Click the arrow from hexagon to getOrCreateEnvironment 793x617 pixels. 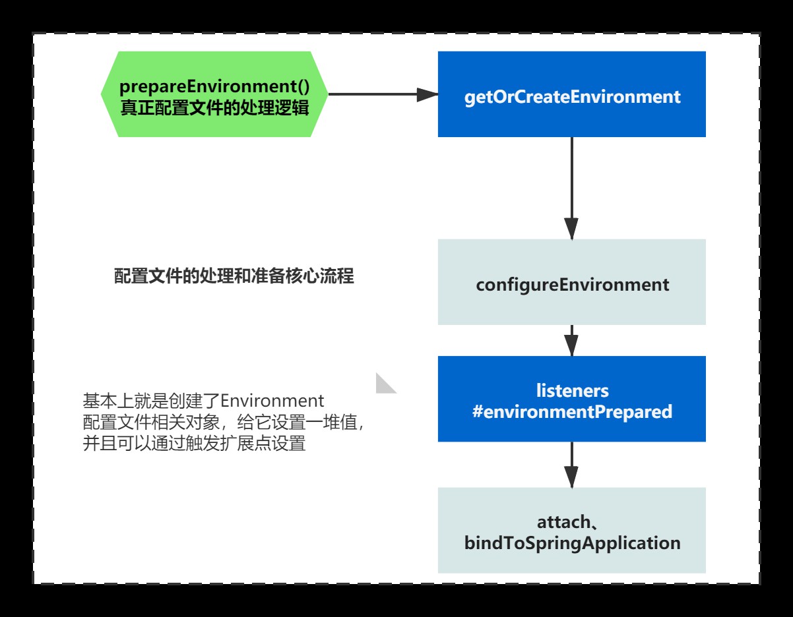point(383,94)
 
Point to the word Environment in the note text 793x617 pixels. point(272,400)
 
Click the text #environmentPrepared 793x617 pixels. point(572,412)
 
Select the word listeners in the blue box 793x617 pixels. point(572,390)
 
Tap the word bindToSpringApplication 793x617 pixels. point(572,544)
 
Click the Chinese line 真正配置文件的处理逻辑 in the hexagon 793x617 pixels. point(214,107)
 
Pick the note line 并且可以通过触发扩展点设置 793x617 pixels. point(195,444)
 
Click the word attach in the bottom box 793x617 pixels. point(562,522)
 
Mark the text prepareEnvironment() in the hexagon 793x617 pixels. point(214,86)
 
